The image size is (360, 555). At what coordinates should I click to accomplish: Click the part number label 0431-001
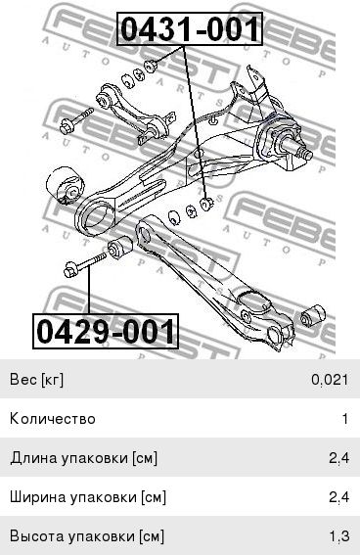pos(190,29)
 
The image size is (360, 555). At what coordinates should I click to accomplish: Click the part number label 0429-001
pos(106,331)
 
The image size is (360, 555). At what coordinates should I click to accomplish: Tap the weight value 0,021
pos(330,380)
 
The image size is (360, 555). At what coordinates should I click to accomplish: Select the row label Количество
pos(53,419)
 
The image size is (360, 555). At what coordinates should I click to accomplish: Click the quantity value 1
pos(345,419)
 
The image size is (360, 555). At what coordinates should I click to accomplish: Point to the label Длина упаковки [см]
pos(83,458)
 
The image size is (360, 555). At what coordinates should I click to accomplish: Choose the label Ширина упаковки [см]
pos(88,497)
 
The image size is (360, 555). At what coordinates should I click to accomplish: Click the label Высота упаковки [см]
pos(87,536)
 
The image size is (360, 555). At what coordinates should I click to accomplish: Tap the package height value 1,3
pos(339,536)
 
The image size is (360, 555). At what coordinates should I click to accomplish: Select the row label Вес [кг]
pos(37,380)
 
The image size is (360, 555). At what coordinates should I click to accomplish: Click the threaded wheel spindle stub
pos(297,148)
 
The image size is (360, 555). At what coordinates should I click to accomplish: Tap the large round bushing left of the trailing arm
pos(66,185)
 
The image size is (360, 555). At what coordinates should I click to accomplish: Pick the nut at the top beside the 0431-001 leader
pos(151,66)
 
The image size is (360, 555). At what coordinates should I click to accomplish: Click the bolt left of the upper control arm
pos(76,121)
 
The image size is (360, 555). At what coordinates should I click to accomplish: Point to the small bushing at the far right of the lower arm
pos(313,314)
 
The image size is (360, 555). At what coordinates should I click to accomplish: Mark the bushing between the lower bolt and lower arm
pos(120,247)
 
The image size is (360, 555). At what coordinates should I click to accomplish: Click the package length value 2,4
pos(339,458)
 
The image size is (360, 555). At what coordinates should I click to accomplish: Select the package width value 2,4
pos(339,497)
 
